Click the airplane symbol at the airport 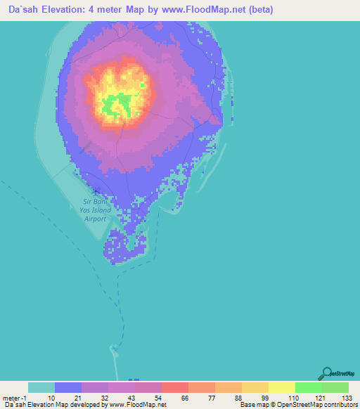(96, 190)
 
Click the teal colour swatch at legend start (41, 387)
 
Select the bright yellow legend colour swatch (281, 387)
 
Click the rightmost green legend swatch (335, 387)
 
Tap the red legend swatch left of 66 (174, 387)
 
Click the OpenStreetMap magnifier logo (326, 372)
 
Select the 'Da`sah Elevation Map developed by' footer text (56, 405)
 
